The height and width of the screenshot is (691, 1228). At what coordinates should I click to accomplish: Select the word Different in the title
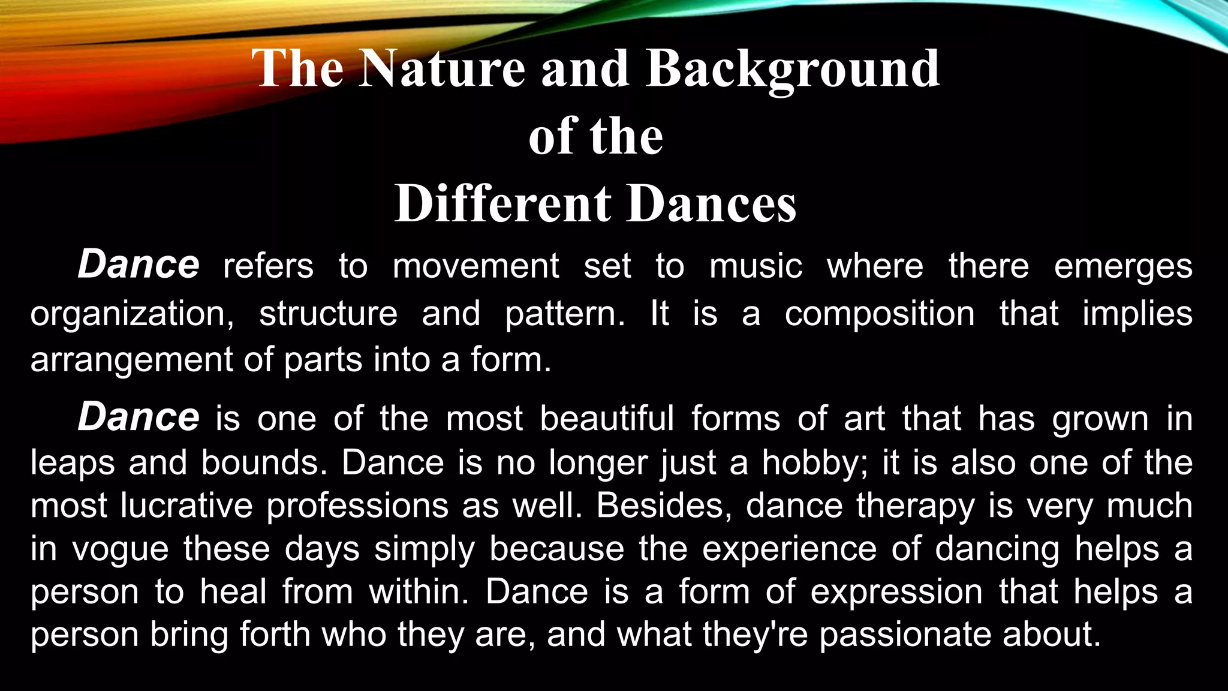(502, 204)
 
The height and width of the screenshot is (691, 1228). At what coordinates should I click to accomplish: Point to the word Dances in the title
(712, 204)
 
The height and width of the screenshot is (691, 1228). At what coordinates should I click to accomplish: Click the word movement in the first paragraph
(475, 266)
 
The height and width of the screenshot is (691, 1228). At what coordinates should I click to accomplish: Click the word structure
(328, 313)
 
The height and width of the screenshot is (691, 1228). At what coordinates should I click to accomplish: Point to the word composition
(880, 314)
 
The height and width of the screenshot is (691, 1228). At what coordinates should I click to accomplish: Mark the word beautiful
(607, 418)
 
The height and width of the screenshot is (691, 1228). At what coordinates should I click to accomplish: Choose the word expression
(896, 593)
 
